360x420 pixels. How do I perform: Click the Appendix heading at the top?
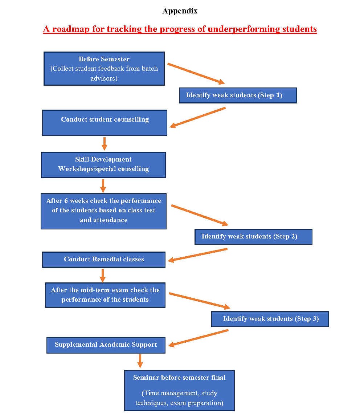pos(180,11)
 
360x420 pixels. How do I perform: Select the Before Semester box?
pos(104,69)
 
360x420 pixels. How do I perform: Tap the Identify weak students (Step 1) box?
pos(238,95)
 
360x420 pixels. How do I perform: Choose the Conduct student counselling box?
pos(105,123)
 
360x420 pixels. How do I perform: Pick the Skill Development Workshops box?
pos(103,165)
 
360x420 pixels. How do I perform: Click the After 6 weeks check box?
pos(103,211)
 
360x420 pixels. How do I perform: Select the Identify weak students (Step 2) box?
pos(253,237)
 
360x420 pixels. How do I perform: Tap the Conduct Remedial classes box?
pos(104,260)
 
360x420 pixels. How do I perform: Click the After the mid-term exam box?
pos(105,295)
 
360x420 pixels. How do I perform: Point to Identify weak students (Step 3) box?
pos(270,319)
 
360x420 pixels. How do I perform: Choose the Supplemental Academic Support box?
pos(106,345)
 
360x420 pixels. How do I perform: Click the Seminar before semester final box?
pos(180,391)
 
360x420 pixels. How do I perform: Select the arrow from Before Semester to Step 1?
pos(196,74)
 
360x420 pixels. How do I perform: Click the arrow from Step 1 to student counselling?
pos(198,117)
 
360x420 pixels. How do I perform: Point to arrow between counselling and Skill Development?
pos(105,144)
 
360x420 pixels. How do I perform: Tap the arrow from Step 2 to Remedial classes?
pos(198,255)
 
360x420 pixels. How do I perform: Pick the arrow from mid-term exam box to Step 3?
pos(200,301)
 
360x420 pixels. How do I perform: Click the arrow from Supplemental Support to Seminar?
pos(140,361)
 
